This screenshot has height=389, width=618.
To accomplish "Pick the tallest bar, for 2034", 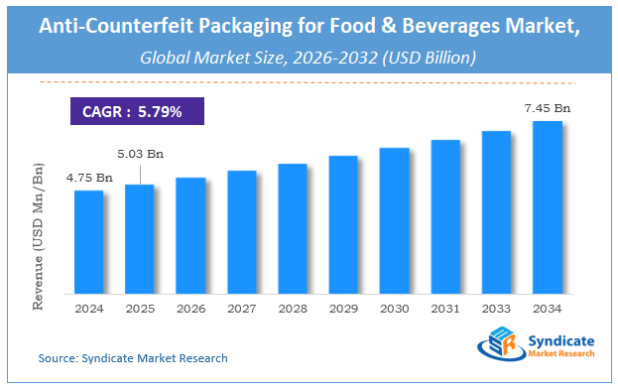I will point(547,207).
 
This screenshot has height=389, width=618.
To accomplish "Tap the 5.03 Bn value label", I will point(139,154).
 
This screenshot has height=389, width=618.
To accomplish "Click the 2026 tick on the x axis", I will point(190,309).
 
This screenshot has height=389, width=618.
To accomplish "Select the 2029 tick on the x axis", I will point(343,309).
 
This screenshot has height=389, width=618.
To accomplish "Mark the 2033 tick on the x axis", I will point(496,309).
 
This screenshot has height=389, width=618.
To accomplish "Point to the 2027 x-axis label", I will point(241,309).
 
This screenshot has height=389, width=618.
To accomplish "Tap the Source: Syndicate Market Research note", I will point(133,357).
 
